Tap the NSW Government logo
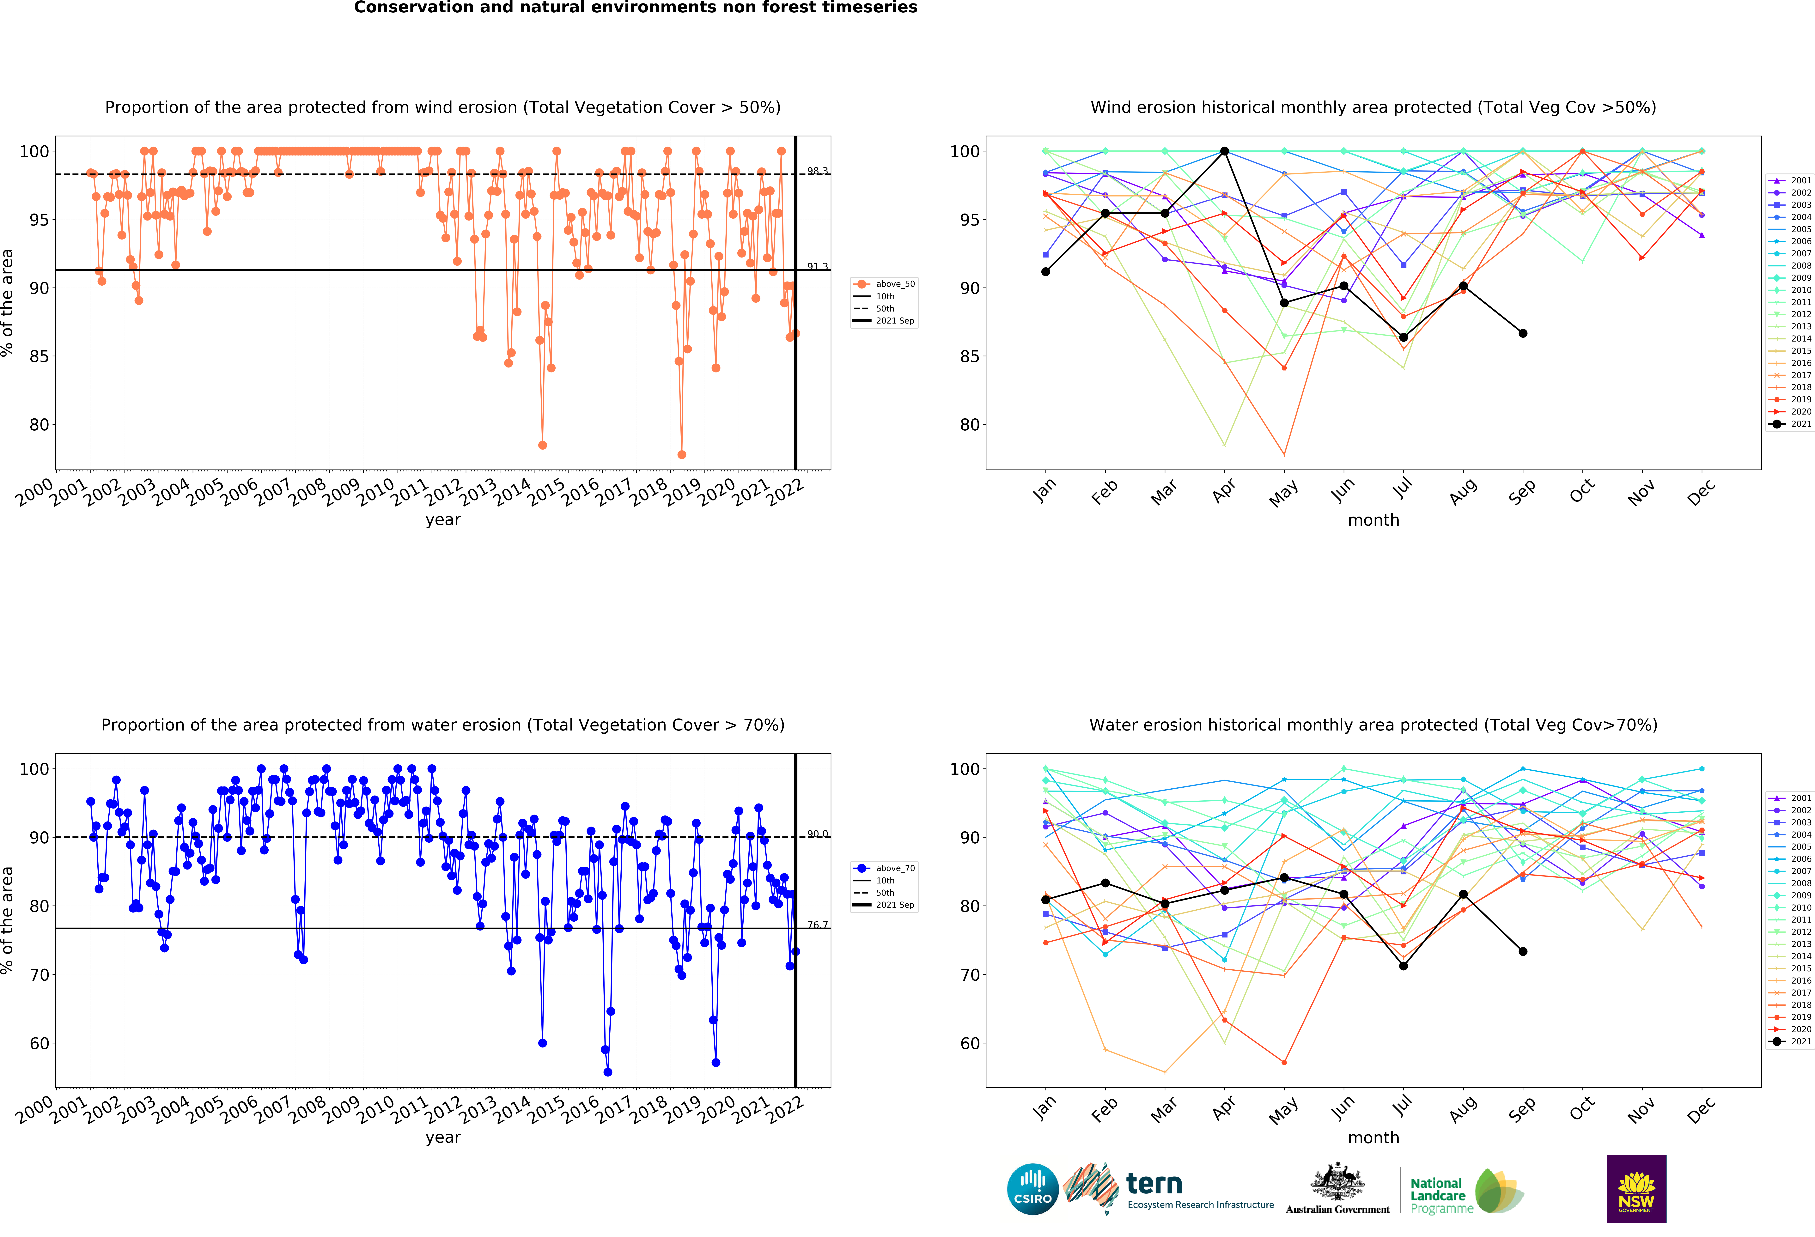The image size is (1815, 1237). coord(1636,1189)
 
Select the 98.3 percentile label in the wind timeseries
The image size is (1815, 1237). coord(817,171)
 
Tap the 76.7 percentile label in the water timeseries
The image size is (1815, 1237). coord(817,925)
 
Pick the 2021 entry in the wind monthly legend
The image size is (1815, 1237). coord(1790,424)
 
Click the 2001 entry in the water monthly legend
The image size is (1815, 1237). coord(1790,798)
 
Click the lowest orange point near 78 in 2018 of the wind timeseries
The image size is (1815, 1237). coord(682,454)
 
